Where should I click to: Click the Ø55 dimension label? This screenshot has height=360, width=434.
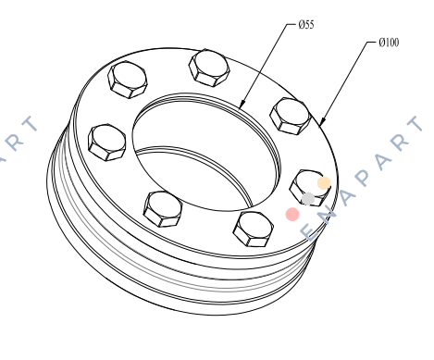pos(306,24)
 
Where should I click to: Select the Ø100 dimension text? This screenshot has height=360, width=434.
pos(389,43)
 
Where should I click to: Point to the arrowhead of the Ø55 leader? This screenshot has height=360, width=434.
pos(242,105)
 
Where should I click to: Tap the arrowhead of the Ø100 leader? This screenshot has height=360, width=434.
pos(322,121)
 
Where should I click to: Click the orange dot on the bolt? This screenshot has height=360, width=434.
pos(324,182)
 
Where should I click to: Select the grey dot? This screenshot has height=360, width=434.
pos(308,198)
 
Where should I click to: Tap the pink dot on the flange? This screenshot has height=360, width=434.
pos(292,214)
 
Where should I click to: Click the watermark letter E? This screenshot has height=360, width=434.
pos(309,232)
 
